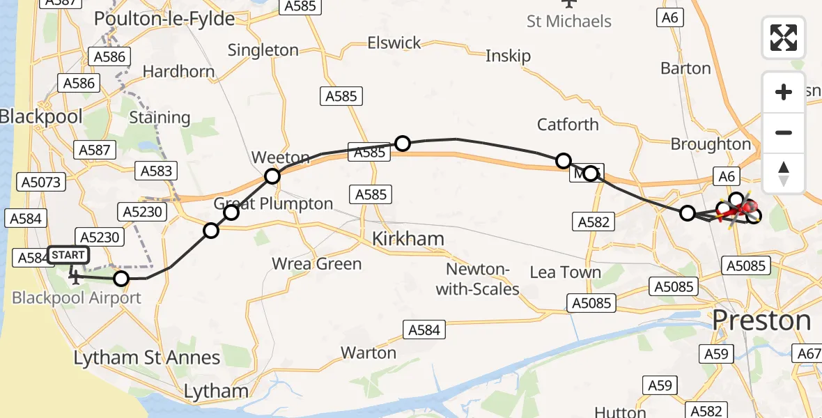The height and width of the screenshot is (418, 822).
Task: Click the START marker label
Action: tap(68, 255)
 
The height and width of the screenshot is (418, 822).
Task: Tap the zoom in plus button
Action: tap(784, 92)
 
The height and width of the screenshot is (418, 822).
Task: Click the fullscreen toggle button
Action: tap(784, 38)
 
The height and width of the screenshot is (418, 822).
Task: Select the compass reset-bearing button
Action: tap(784, 173)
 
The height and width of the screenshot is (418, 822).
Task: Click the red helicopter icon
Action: tap(743, 208)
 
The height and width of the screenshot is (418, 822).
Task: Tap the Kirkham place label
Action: tap(408, 239)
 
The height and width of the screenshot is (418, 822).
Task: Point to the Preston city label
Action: tap(761, 320)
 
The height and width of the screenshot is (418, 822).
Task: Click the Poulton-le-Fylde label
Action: tap(164, 19)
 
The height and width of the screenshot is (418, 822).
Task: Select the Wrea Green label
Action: tap(317, 263)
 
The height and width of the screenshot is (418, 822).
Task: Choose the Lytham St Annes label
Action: tap(147, 358)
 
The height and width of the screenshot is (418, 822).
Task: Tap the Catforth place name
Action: tap(568, 125)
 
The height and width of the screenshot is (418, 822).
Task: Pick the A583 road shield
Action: tap(157, 171)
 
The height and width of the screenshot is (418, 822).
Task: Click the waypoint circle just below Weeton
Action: tap(272, 176)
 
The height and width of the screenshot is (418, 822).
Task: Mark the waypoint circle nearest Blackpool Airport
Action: tap(121, 279)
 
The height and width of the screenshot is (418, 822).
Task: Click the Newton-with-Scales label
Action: tap(478, 279)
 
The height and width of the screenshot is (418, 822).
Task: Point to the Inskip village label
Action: tap(508, 56)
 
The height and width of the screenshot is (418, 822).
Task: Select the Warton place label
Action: tap(369, 353)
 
